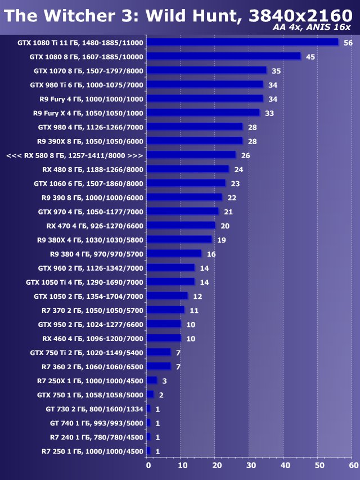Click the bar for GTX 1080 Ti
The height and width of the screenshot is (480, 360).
tap(242, 42)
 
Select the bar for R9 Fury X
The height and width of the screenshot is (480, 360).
tap(203, 113)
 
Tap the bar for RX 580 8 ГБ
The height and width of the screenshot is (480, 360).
tap(191, 155)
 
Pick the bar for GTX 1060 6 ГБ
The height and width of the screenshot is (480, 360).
tap(186, 183)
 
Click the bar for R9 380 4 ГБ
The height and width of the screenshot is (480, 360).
tap(174, 254)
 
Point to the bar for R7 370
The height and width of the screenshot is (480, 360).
tap(165, 310)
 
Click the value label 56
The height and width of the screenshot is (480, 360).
tap(348, 43)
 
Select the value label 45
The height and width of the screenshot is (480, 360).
tap(310, 57)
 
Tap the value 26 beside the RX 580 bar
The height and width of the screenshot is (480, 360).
tap(245, 155)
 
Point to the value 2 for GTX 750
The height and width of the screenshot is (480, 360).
tap(161, 395)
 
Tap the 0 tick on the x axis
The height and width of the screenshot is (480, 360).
tap(148, 465)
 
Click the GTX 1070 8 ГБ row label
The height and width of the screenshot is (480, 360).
tap(88, 71)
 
